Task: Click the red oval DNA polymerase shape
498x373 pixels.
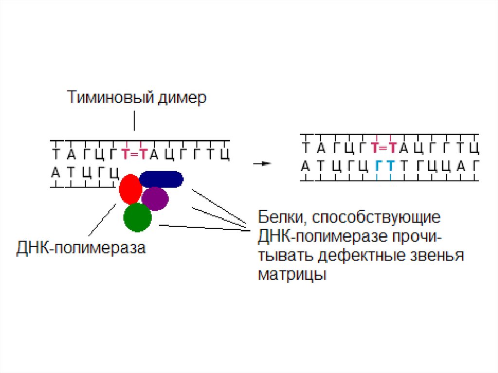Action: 130,189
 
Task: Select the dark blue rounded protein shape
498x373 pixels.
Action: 161,179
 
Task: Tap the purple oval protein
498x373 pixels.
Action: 155,198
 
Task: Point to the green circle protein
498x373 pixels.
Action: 138,217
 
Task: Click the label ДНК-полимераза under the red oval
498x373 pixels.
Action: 81,249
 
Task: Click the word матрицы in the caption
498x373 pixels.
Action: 292,274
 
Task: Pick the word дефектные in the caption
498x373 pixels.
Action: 370,255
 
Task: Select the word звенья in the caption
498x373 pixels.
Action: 441,255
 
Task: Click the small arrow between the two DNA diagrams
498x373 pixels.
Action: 262,164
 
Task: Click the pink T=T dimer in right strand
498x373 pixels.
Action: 384,148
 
